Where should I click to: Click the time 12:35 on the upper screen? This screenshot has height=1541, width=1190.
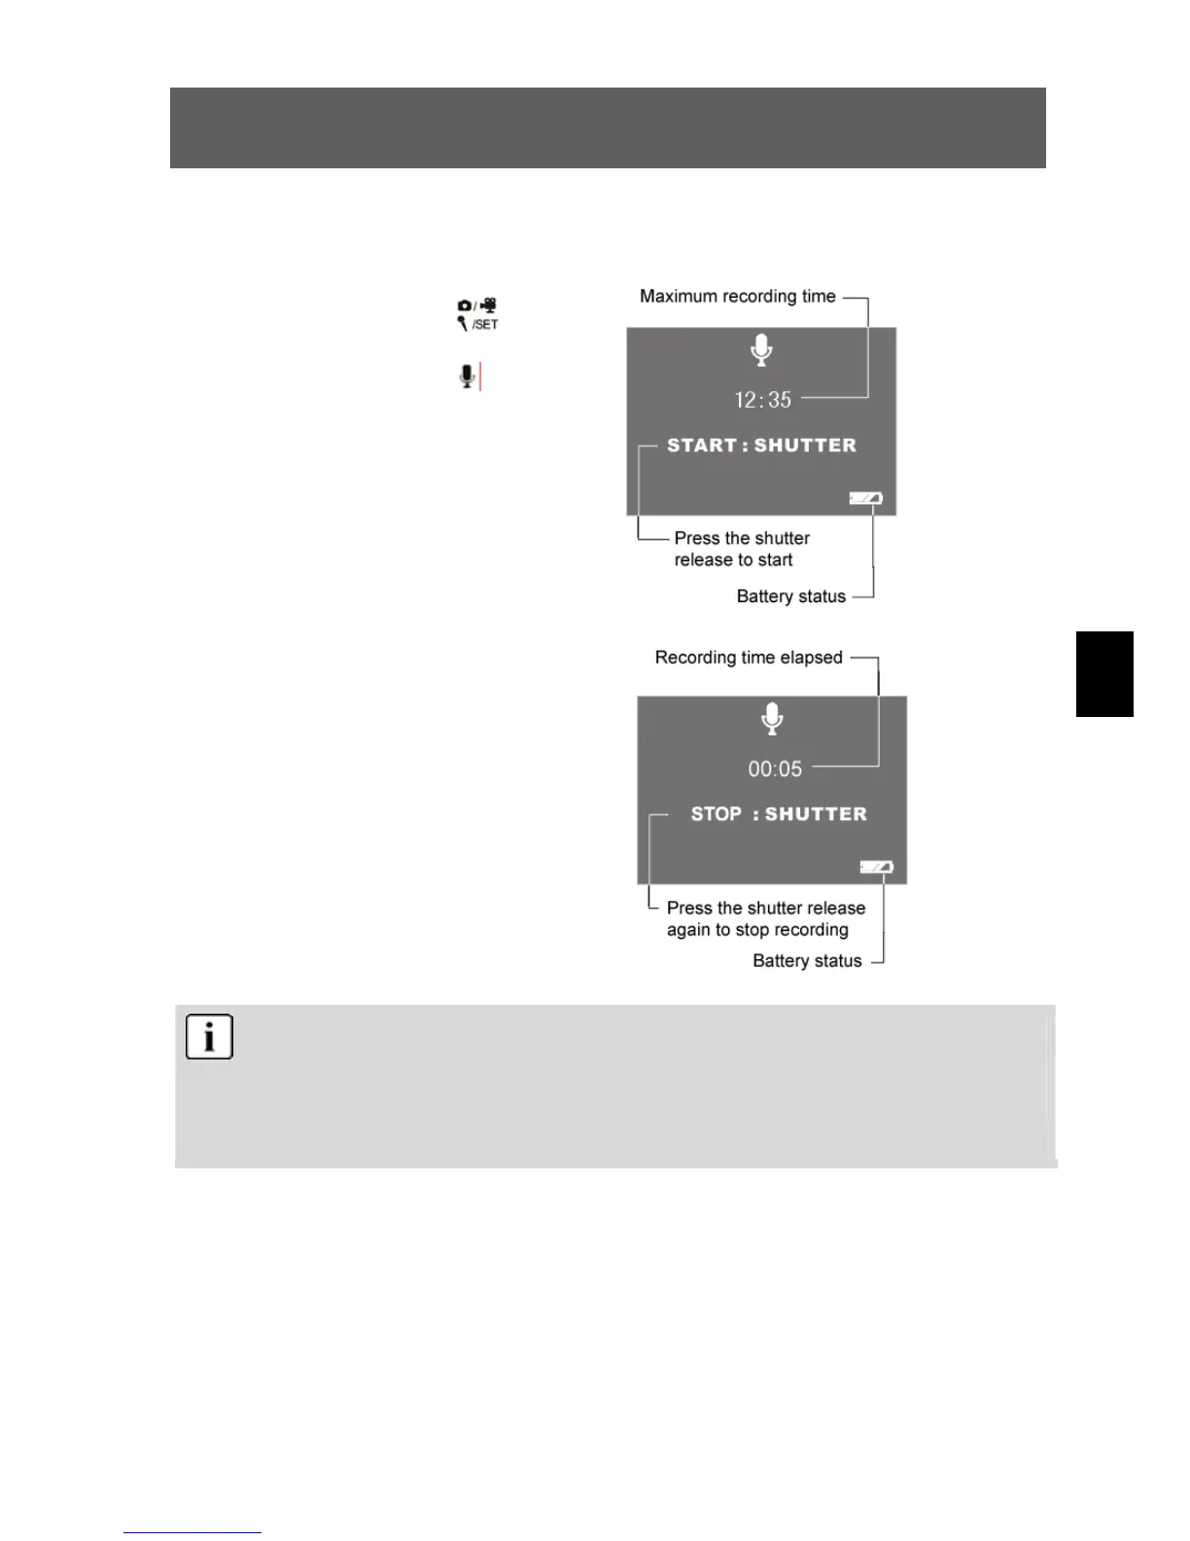coord(762,400)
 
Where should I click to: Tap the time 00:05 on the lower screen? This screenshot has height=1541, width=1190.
coord(775,769)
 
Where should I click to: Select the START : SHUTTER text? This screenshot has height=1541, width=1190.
coord(761,446)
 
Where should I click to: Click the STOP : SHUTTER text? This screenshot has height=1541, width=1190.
coord(778,814)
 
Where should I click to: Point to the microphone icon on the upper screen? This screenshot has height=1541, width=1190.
coord(762,350)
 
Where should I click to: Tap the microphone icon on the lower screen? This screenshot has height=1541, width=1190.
coord(772,719)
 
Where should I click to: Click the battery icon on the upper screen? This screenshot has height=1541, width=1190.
coord(865,498)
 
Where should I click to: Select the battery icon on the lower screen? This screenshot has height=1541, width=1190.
coord(876,867)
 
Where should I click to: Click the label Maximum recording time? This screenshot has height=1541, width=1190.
coord(737,297)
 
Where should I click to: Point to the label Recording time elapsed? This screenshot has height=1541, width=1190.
coord(749,658)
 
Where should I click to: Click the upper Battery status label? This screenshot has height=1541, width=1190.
coord(790,596)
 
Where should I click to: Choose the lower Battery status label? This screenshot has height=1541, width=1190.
coord(807,961)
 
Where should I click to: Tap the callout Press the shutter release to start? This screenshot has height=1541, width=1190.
coord(741,549)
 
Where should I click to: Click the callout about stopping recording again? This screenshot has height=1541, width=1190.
coord(765,918)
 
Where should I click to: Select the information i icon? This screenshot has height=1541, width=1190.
coord(209,1037)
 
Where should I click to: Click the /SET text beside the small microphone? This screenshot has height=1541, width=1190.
coord(485,325)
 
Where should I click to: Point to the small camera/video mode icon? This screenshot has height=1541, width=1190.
coord(477,305)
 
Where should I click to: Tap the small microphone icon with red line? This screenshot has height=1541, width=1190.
coord(469,376)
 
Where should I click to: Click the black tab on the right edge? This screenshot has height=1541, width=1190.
coord(1104,674)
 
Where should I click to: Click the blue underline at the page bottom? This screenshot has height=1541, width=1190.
coord(192,1533)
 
